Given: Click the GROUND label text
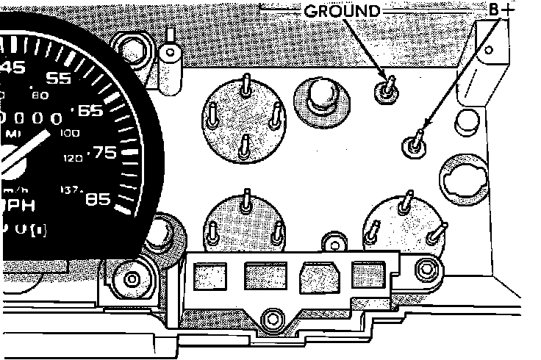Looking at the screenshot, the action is point(342,11).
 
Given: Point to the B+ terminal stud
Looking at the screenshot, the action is point(416,144).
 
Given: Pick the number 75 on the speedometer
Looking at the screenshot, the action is point(103,153).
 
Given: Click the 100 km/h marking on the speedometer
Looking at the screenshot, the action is point(71,134).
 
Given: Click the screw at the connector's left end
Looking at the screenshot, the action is point(133,279).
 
